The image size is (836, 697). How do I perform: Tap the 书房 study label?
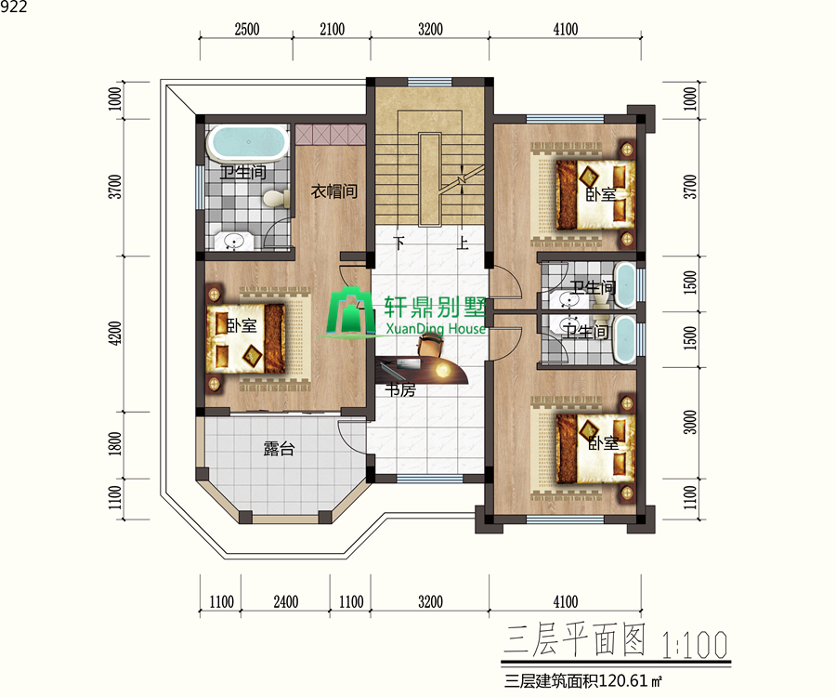coord(400,391)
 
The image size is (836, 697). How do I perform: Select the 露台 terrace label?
coord(279,450)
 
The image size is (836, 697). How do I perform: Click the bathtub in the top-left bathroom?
coord(246,143)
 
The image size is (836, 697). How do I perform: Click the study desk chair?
coord(430,348)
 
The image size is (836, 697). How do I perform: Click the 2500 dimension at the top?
coord(246,30)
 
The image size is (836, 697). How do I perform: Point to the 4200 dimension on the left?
coord(115,334)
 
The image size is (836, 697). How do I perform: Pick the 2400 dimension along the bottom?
coord(285,601)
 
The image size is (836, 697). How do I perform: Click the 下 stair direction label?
coord(399,243)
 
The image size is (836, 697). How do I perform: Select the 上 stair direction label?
coord(462,243)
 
